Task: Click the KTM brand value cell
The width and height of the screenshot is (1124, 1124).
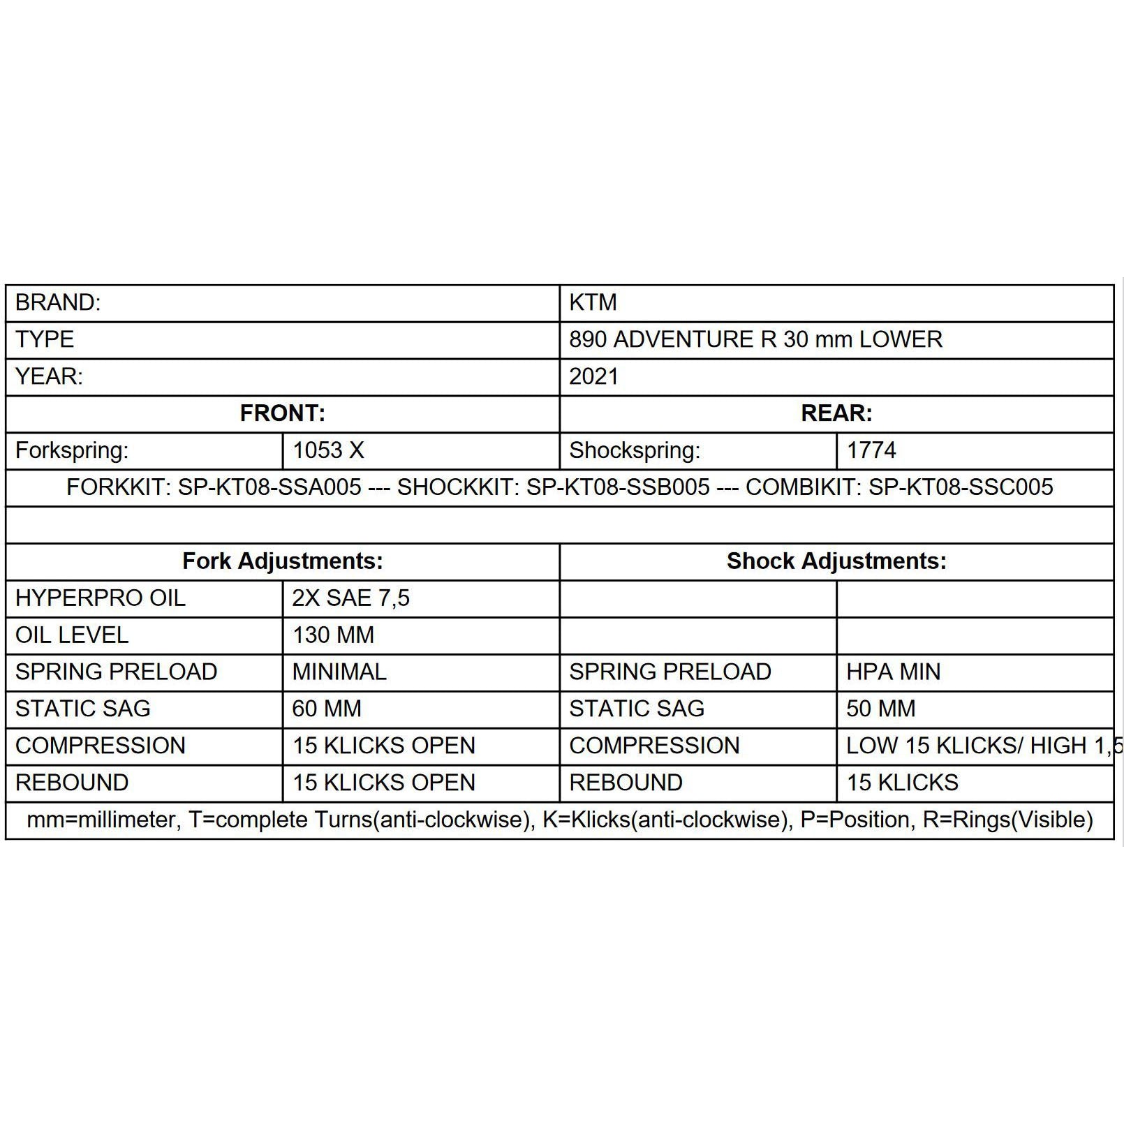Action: [593, 302]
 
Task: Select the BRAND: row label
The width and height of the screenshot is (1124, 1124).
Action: [58, 302]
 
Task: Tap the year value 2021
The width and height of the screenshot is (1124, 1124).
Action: [593, 376]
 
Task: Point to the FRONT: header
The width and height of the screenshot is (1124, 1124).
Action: [282, 413]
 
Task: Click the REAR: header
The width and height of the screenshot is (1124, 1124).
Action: [836, 413]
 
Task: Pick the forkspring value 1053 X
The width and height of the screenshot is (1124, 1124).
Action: [328, 450]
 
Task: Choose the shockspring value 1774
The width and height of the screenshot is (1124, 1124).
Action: [871, 450]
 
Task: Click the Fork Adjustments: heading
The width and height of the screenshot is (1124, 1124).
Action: [282, 561]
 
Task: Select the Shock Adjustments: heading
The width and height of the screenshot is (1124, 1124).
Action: [836, 561]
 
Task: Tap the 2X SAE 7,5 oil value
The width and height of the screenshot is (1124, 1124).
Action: [350, 598]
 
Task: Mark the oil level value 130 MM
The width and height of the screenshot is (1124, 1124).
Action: [333, 635]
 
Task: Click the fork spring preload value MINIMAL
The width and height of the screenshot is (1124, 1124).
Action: [339, 672]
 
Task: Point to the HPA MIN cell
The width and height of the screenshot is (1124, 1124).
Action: [893, 672]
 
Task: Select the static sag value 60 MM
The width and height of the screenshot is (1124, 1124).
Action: [327, 709]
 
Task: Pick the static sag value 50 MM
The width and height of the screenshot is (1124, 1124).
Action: [880, 709]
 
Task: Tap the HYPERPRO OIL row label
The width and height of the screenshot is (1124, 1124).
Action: [101, 598]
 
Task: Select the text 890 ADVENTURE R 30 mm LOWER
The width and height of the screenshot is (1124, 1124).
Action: [755, 339]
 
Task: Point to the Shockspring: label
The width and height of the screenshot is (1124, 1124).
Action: [634, 450]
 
